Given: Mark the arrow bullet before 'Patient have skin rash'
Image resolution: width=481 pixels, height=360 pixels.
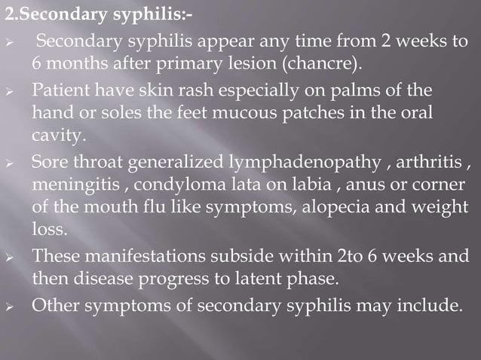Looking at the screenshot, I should click(9, 92).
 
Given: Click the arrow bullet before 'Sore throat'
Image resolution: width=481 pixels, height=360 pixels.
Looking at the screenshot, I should click(9, 163).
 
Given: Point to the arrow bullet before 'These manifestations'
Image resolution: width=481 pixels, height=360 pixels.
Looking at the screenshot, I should click(9, 257).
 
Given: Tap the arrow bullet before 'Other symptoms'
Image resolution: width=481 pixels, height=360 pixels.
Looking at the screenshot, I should click(9, 307).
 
